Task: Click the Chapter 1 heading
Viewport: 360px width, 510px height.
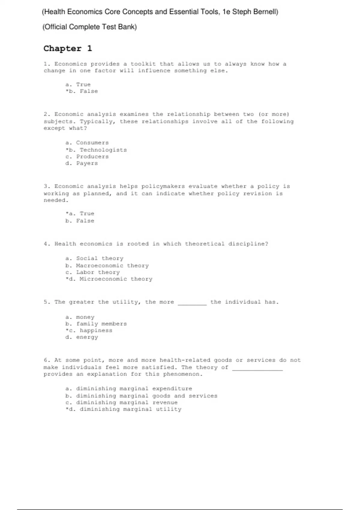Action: pyautogui.click(x=68, y=49)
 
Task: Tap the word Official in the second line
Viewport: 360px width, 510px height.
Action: pyautogui.click(x=55, y=27)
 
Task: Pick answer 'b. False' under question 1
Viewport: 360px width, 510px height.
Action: pyautogui.click(x=82, y=91)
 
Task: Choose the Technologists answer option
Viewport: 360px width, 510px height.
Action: pyautogui.click(x=96, y=150)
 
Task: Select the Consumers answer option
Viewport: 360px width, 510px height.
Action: pyautogui.click(x=87, y=143)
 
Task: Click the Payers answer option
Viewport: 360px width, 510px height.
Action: pyautogui.click(x=82, y=163)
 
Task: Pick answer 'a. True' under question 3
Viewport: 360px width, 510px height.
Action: pyautogui.click(x=80, y=214)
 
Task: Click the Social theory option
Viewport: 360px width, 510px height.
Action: pyautogui.click(x=94, y=258)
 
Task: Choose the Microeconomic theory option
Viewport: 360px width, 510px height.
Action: pyautogui.click(x=109, y=279)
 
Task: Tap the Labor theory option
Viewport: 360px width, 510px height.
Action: pyautogui.click(x=93, y=272)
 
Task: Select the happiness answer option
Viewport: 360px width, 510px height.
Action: pyautogui.click(x=89, y=331)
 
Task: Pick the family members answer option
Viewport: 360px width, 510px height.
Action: pyautogui.click(x=96, y=324)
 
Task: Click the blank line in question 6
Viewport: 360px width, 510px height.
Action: pyautogui.click(x=257, y=369)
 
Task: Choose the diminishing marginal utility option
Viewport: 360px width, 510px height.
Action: pyautogui.click(x=123, y=409)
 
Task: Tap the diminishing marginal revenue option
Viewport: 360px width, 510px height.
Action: pyautogui.click(x=121, y=403)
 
